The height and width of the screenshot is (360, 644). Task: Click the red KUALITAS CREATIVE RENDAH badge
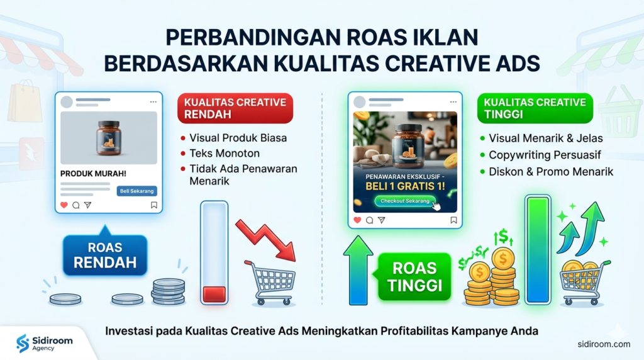[x=235, y=108]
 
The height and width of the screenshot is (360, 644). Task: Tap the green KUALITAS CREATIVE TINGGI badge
[x=535, y=108]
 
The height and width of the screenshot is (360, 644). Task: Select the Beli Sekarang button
[x=136, y=191]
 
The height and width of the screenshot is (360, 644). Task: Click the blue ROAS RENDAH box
[x=105, y=254]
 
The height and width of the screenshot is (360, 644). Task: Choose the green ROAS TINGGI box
[x=414, y=276]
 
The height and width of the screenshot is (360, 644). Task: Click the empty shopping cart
[x=270, y=283]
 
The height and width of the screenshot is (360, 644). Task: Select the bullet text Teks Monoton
[x=225, y=154]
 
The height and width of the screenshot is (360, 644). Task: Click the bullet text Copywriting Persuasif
[x=545, y=155]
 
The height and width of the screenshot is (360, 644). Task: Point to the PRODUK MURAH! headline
[x=93, y=174]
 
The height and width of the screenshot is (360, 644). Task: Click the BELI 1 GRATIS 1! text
[x=405, y=186]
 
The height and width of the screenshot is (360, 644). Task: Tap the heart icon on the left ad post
[x=64, y=205]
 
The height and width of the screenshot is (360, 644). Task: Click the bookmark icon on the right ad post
[x=453, y=220]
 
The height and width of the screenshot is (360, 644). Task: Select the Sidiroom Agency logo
[x=45, y=343]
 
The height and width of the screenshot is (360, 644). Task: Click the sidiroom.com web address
[x=604, y=344]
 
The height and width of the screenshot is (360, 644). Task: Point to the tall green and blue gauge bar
[x=538, y=250]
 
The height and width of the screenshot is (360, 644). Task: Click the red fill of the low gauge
[x=214, y=295]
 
